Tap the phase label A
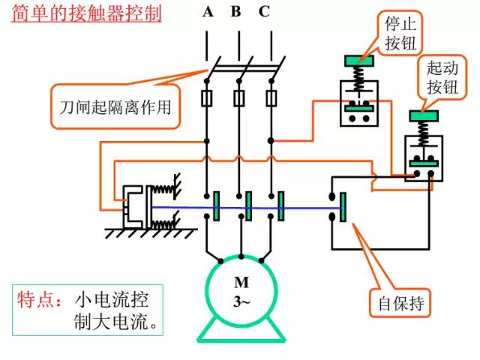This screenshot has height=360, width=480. [x=207, y=11]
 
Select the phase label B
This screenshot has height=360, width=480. [x=235, y=11]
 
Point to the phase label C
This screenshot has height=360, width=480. [x=264, y=11]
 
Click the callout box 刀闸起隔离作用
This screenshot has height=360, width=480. [x=115, y=106]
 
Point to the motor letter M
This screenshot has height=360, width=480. [x=240, y=283]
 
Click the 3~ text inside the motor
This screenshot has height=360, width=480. [x=240, y=300]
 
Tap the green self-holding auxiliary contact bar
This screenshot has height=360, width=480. [x=343, y=207]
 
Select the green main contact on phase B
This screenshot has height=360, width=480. [x=247, y=205]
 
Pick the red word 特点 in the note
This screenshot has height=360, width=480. [x=37, y=300]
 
